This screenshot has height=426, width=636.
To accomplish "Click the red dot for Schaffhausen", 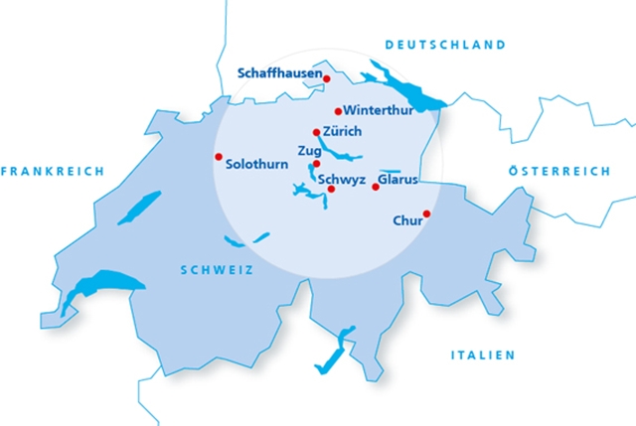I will (x=326, y=78).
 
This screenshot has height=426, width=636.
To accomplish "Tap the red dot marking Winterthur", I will (x=338, y=111).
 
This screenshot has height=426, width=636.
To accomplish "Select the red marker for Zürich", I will (x=317, y=132).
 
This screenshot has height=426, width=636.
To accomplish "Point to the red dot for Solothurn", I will (x=219, y=157).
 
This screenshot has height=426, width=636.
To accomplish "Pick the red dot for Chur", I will (x=426, y=213).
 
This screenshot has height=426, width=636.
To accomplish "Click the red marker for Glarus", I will (x=375, y=187).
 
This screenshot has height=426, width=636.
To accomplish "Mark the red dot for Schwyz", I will (x=331, y=189).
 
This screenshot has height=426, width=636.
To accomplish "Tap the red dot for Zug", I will (x=316, y=164).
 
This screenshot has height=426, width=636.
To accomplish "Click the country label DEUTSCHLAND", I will (x=445, y=45).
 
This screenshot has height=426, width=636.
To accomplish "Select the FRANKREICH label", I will (x=52, y=172).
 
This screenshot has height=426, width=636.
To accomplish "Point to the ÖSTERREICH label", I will (x=558, y=172).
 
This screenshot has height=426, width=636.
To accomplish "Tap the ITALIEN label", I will (x=483, y=355).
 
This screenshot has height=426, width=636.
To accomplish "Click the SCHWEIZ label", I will (x=217, y=270).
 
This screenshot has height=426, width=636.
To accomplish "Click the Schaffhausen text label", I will (x=280, y=72).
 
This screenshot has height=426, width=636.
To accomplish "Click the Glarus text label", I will (x=398, y=181).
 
